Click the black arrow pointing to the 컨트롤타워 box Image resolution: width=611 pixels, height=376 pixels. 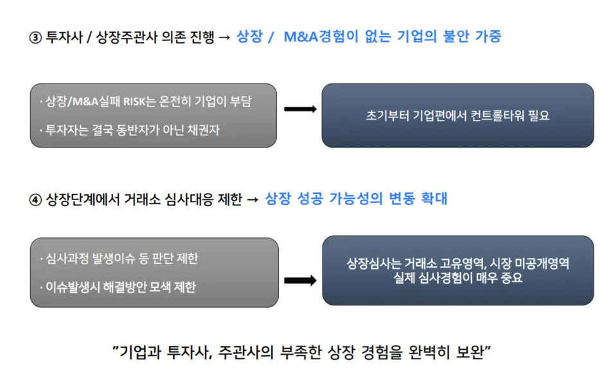pyautogui.click(x=299, y=109)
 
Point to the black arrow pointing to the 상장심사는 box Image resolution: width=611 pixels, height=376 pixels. pyautogui.click(x=299, y=280)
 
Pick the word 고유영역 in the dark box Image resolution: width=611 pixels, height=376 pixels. pyautogui.click(x=460, y=264)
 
